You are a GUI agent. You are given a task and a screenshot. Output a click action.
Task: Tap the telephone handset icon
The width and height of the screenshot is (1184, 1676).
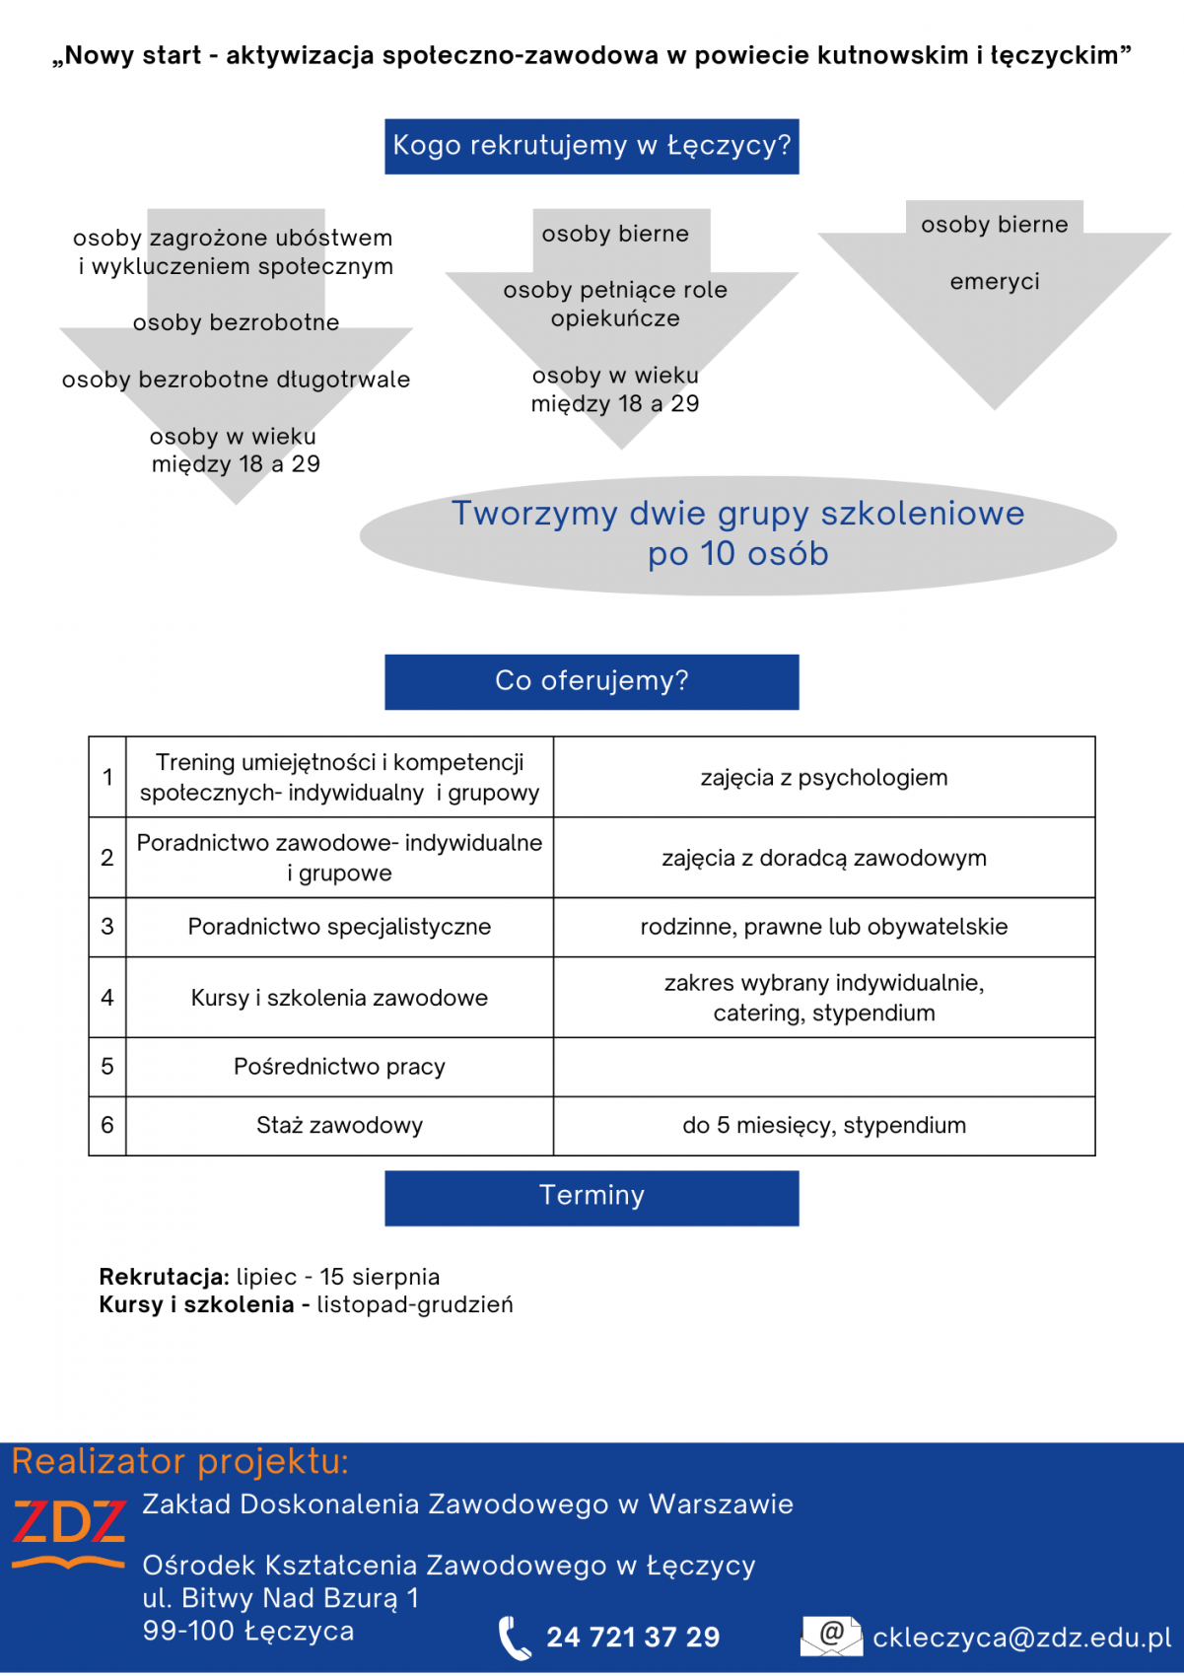514,1639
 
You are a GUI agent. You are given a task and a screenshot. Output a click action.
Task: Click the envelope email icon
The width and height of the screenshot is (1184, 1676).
830,1636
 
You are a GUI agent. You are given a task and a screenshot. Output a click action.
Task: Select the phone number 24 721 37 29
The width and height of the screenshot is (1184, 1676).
633,1638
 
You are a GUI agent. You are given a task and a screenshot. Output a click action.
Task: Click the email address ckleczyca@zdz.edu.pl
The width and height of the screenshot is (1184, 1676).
1021,1638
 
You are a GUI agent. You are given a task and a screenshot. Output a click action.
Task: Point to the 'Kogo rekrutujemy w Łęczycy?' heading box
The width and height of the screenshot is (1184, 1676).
592,146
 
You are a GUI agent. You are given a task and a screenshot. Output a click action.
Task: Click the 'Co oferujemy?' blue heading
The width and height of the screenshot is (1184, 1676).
592,681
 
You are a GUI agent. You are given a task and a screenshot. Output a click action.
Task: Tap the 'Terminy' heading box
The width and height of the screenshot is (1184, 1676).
592,1197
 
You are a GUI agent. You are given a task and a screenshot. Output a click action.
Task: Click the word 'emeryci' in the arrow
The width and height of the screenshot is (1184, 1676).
994,282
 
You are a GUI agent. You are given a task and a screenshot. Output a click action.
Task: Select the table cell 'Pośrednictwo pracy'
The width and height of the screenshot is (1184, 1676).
339,1067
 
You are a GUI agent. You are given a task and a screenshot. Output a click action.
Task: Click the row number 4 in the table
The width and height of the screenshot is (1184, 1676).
107,998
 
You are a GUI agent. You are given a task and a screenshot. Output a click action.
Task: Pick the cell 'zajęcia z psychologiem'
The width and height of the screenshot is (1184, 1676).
823,778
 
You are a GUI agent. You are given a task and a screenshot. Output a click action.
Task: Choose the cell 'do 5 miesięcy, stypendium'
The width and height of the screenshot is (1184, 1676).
823,1126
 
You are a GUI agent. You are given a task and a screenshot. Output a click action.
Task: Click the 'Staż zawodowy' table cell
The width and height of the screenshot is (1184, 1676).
339,1126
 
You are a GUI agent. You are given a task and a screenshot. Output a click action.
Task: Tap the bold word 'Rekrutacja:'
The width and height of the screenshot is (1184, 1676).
164,1277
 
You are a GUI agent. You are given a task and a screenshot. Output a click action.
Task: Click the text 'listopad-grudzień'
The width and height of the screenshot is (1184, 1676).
414,1305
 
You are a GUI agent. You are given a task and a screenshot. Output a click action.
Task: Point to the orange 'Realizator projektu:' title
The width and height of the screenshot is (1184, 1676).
180,1461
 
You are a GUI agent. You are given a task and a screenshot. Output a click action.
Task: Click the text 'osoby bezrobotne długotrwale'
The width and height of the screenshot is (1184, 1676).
236,380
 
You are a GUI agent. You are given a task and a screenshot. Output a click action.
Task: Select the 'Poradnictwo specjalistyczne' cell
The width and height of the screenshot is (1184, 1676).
339,927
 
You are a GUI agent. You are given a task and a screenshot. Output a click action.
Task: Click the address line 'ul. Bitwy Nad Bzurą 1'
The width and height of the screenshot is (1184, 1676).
281,1598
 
